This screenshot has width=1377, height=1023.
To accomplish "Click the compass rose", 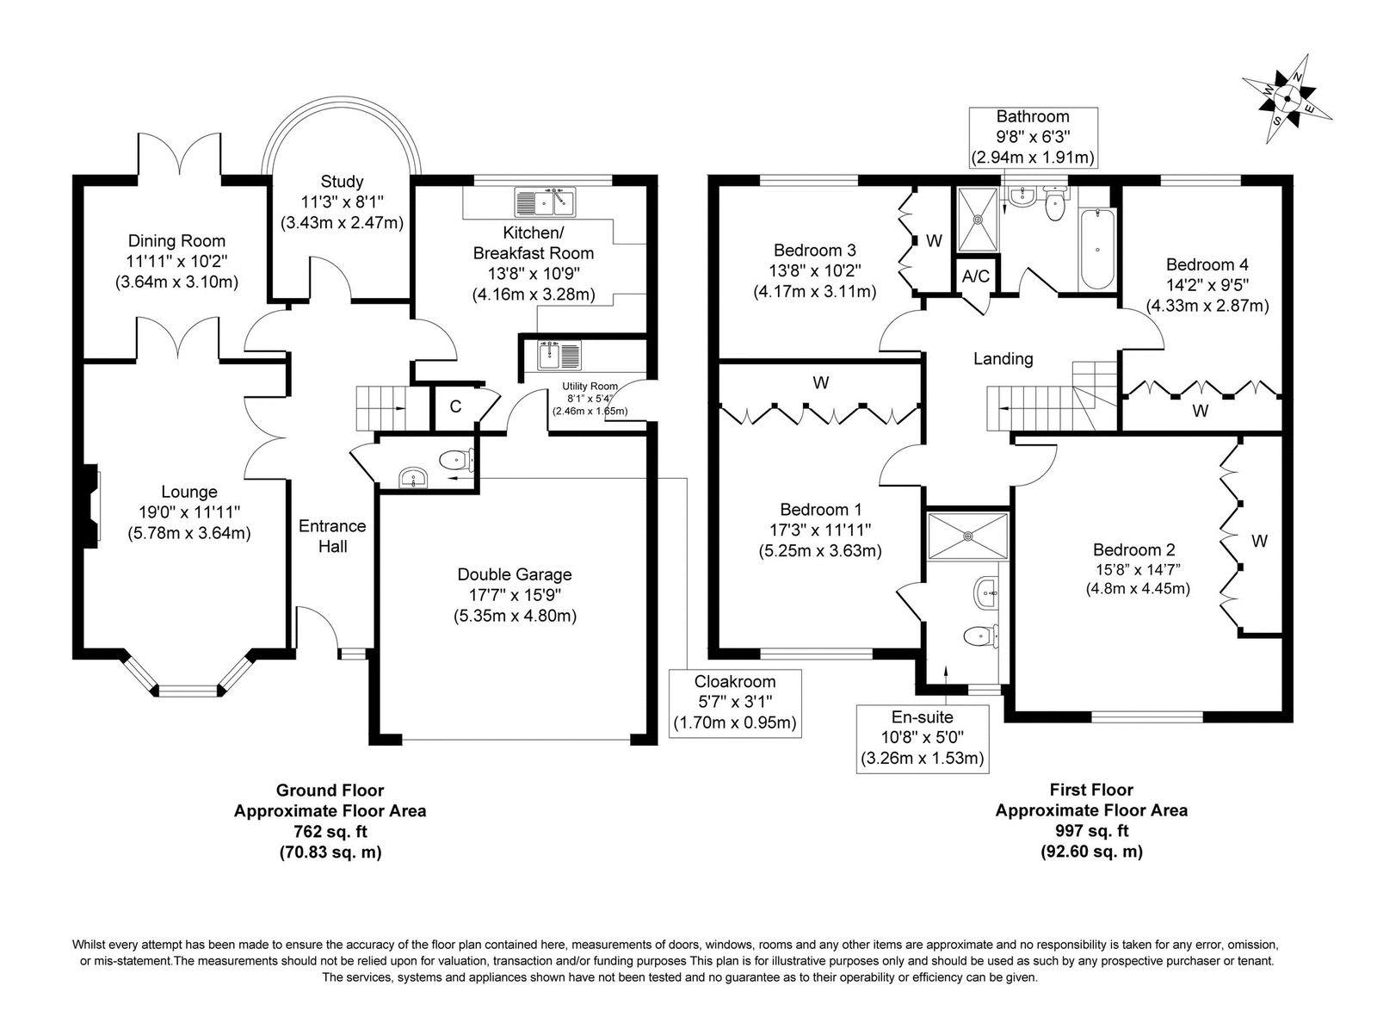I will click(x=1287, y=99).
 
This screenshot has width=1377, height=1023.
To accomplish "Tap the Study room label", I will click(x=342, y=182).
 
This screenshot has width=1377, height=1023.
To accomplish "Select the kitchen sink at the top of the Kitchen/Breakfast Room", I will click(x=546, y=203).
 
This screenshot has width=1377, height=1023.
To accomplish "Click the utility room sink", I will click(x=549, y=354).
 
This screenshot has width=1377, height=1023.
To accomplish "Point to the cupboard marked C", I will click(x=455, y=406).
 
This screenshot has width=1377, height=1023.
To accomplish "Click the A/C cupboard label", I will click(x=975, y=276).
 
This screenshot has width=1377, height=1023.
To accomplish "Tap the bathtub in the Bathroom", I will click(x=1097, y=249).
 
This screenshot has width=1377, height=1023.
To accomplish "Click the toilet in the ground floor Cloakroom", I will click(x=456, y=461).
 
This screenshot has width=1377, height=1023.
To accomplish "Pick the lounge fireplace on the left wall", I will click(x=90, y=505).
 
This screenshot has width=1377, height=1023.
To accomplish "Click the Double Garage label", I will click(x=514, y=574).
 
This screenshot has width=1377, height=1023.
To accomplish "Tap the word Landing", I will click(x=1003, y=358).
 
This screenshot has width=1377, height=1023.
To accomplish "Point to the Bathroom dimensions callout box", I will click(x=1033, y=137).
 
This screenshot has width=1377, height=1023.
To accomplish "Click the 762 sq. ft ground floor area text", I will click(x=330, y=831).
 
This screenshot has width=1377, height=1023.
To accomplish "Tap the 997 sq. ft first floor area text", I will click(x=1091, y=831).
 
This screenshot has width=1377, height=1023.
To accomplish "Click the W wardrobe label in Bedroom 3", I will click(x=935, y=240).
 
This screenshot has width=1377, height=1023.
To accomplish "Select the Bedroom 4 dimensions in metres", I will click(x=1207, y=305).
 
